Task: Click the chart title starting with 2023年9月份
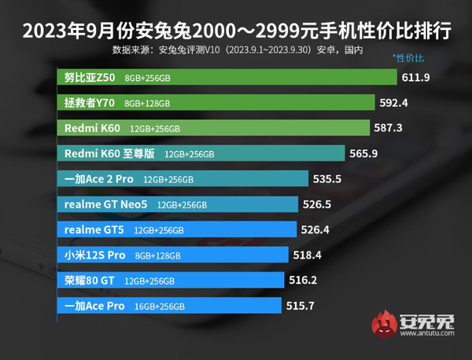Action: coord(236,31)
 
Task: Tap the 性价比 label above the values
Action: coord(407,59)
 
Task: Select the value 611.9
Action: coord(418,78)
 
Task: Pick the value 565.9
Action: coord(366,153)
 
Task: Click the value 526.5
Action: coord(319,204)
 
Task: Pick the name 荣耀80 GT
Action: coord(89,280)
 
